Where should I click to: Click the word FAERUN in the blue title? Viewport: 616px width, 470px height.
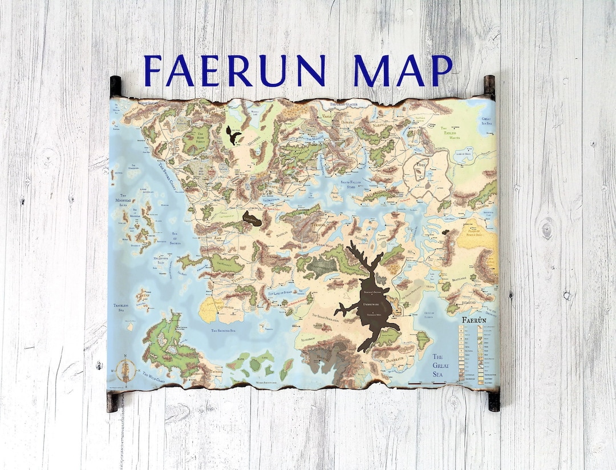tap(234, 71)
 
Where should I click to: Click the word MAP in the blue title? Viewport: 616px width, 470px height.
tap(403, 71)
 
